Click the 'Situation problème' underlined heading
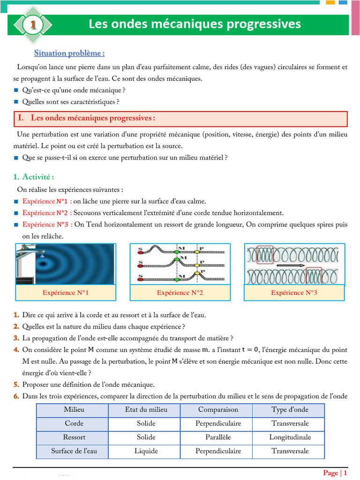click(x=69, y=53)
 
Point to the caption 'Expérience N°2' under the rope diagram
click(x=180, y=292)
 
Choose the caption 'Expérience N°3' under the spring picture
click(x=294, y=292)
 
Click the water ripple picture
click(x=65, y=264)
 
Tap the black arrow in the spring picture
click(x=290, y=265)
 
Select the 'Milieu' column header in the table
click(x=72, y=410)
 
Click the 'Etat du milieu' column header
click(x=146, y=410)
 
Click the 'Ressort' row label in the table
click(x=74, y=437)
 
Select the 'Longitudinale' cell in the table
click(x=290, y=437)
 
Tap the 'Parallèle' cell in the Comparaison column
click(x=218, y=437)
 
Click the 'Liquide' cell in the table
click(x=146, y=451)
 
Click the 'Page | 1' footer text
click(x=335, y=472)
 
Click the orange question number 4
click(x=16, y=350)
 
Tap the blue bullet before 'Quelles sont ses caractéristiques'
click(x=16, y=102)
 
